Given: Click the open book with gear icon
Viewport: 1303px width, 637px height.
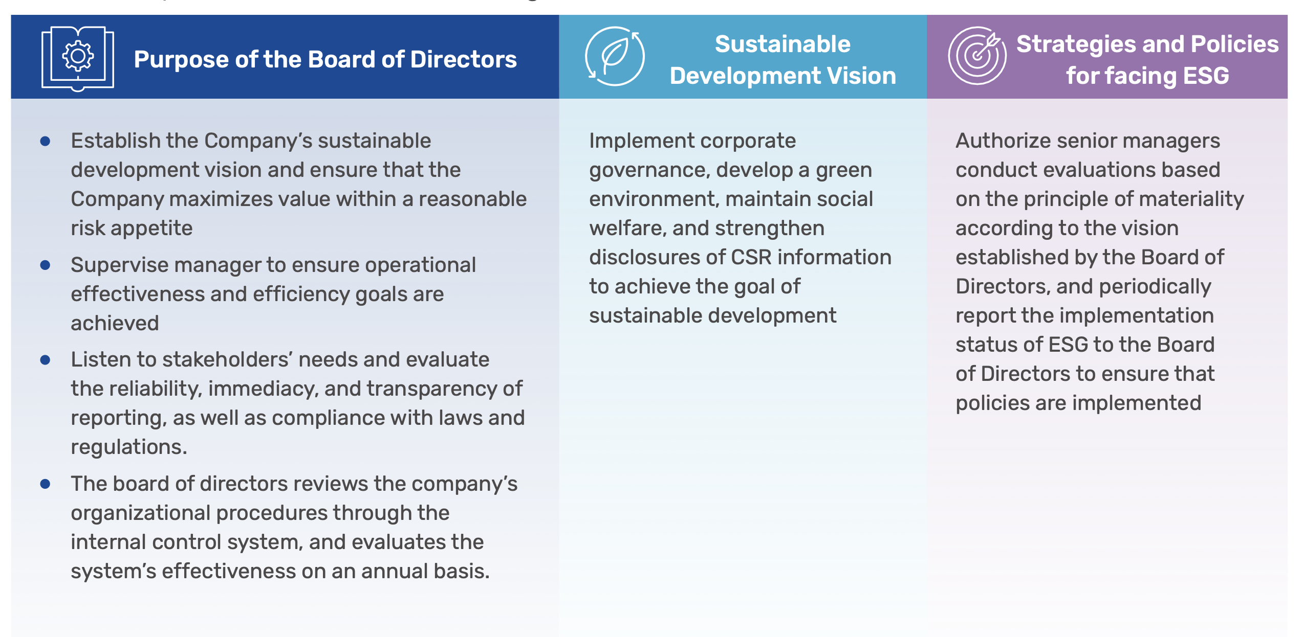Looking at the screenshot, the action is pos(78,58).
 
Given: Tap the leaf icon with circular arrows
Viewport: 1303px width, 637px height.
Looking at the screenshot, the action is pos(615,56).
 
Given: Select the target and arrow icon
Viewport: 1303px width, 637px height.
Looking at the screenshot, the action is pos(977,56).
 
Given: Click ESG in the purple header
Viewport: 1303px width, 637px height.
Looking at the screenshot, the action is pos(1206,76).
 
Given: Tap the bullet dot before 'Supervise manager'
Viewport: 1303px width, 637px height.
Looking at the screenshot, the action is pos(45,265).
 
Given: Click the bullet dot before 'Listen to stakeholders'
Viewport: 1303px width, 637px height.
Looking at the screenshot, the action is pos(45,360).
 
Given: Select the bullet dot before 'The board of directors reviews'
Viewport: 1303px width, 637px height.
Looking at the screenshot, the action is pos(45,484).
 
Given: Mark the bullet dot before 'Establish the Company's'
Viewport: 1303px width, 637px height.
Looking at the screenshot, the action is pos(45,141).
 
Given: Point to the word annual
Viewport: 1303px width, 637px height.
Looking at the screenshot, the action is pos(394,571).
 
